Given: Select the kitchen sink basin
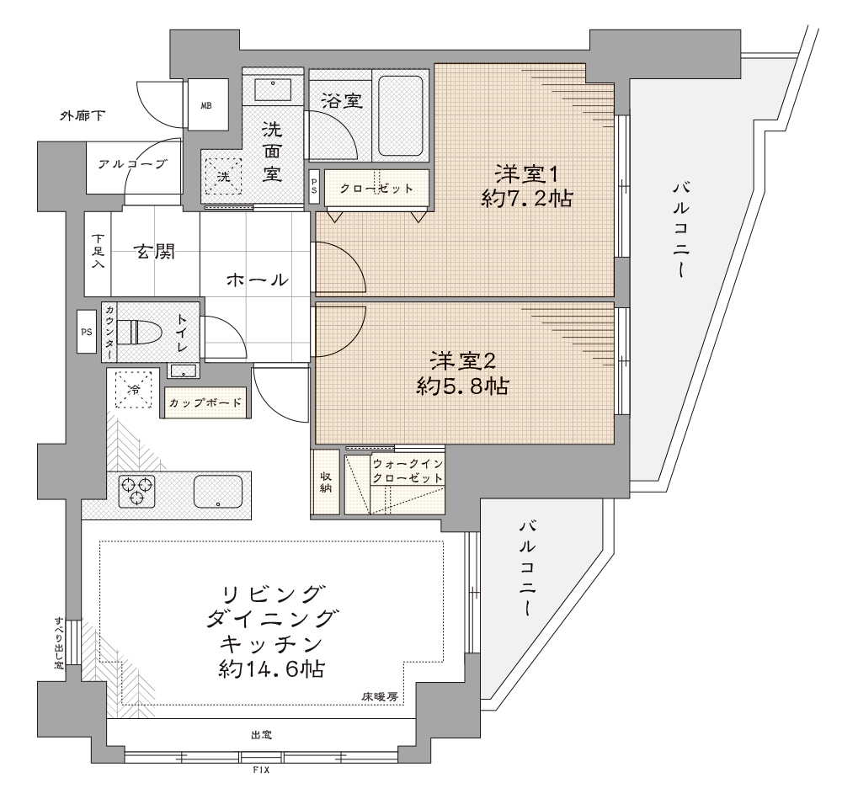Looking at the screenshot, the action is (x=217, y=492).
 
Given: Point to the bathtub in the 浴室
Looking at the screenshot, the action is (x=400, y=115).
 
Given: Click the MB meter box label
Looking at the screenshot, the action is (x=206, y=106).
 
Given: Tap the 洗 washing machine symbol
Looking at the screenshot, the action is (x=223, y=176).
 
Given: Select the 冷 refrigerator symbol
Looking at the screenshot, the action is (x=134, y=389).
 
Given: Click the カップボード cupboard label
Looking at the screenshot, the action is (x=205, y=402).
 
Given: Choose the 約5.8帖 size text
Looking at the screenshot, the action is (x=462, y=386).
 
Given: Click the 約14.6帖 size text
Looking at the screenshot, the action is (x=272, y=668).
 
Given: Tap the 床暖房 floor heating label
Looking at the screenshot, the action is (x=380, y=697).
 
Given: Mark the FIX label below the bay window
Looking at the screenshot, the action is (x=261, y=770).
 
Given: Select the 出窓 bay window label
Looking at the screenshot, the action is (x=262, y=734).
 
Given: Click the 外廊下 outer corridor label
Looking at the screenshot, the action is (x=83, y=115).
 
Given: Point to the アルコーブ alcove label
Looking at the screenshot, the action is (x=133, y=164).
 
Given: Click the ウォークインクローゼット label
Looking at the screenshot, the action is (x=408, y=471).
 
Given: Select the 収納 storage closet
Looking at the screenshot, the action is (x=325, y=482).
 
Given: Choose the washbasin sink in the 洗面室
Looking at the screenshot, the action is (x=273, y=89).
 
